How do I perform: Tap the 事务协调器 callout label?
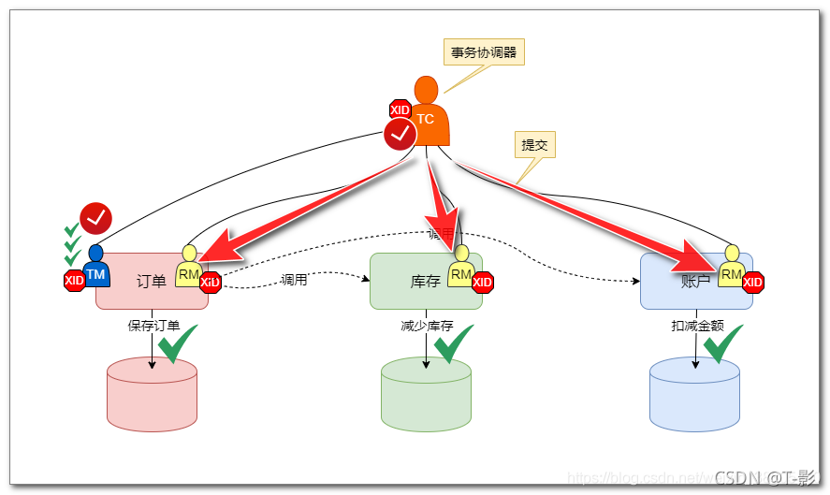483,52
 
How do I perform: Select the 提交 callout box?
534,145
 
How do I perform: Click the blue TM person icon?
95,268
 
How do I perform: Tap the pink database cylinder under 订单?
152,394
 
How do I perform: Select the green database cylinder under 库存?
426,394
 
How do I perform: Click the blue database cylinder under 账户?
694,394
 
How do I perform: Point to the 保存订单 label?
153,326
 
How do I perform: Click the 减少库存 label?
427,326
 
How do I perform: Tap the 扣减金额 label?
697,326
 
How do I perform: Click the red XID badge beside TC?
400,110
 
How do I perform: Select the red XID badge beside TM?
74,280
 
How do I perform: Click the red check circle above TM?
95,218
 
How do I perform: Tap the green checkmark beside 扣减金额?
723,344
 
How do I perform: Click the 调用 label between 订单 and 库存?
294,280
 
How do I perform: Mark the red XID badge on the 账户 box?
752,281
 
